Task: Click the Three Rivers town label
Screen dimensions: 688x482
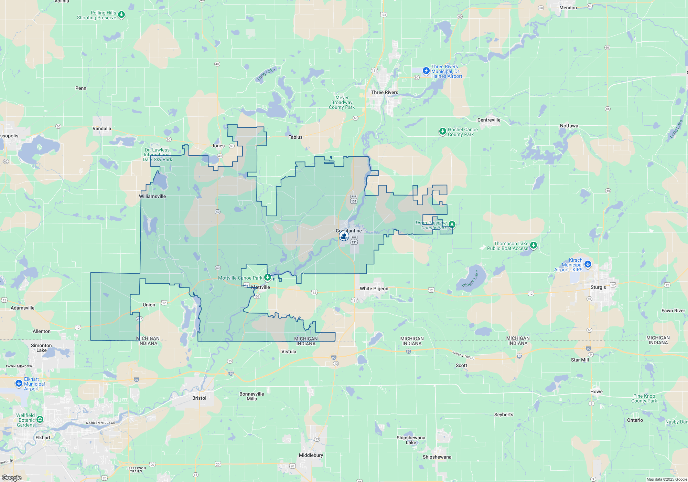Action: pyautogui.click(x=384, y=92)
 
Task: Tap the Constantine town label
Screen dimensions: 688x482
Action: pyautogui.click(x=348, y=231)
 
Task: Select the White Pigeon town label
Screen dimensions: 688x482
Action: pyautogui.click(x=374, y=289)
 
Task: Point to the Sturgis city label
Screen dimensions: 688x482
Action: pyautogui.click(x=598, y=287)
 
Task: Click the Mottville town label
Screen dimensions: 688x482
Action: pyautogui.click(x=260, y=287)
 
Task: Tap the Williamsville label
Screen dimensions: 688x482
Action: pyautogui.click(x=152, y=196)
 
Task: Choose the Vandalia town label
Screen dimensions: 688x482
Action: pyautogui.click(x=102, y=128)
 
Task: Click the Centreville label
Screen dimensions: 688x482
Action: pyautogui.click(x=488, y=120)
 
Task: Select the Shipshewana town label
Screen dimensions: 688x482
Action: pyautogui.click(x=437, y=457)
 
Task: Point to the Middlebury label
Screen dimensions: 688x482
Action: pyautogui.click(x=311, y=455)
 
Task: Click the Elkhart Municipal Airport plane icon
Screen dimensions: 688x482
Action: pyautogui.click(x=19, y=383)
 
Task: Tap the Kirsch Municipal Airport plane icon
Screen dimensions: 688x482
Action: pyautogui.click(x=588, y=264)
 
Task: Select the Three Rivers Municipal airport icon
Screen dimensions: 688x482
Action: pyautogui.click(x=426, y=71)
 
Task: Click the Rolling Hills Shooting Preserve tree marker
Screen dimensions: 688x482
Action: pyautogui.click(x=121, y=15)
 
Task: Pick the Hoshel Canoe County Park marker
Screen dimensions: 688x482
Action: pyautogui.click(x=442, y=131)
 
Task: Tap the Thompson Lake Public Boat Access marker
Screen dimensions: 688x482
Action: pyautogui.click(x=533, y=245)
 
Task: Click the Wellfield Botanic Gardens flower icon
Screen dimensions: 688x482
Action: pyautogui.click(x=40, y=419)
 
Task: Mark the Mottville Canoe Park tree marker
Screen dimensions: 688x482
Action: pyautogui.click(x=267, y=277)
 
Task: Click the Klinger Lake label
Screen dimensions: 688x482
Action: pyautogui.click(x=470, y=279)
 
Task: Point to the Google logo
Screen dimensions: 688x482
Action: pyautogui.click(x=12, y=478)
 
